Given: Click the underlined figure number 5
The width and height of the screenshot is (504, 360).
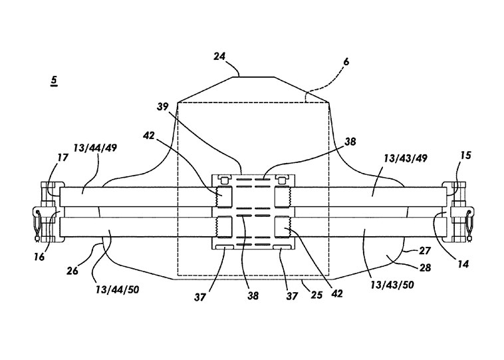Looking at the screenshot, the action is click(x=54, y=81).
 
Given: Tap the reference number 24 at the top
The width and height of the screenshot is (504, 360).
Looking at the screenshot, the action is click(x=219, y=57).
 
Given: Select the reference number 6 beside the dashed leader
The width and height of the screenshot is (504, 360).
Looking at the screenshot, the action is click(x=346, y=61).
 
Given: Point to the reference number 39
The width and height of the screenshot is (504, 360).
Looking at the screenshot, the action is click(x=163, y=106).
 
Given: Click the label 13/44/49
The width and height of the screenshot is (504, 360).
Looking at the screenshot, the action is click(x=95, y=148).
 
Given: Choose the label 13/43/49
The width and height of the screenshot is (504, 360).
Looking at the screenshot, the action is click(x=406, y=158).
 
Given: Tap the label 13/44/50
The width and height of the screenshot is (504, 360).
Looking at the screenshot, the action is click(x=117, y=289).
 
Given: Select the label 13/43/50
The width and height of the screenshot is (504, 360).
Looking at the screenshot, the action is click(x=392, y=285).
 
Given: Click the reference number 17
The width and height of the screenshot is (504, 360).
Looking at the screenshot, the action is click(x=63, y=158).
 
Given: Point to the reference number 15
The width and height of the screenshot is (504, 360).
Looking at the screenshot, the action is click(x=465, y=156).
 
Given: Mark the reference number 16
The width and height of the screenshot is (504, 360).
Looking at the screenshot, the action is click(x=39, y=257).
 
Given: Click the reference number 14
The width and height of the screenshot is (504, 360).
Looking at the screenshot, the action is click(x=463, y=264).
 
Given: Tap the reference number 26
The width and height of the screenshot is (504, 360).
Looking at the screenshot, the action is click(x=72, y=271).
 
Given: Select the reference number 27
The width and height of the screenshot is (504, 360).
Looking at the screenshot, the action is click(x=425, y=251).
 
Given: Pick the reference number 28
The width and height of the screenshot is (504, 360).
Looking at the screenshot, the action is click(x=425, y=268).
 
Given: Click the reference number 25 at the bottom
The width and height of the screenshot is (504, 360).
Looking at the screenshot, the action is click(x=316, y=295).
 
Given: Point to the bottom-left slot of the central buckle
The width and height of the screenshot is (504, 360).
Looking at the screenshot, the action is click(x=225, y=246).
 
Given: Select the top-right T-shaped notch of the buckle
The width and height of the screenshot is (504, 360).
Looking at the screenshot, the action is click(x=282, y=179).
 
